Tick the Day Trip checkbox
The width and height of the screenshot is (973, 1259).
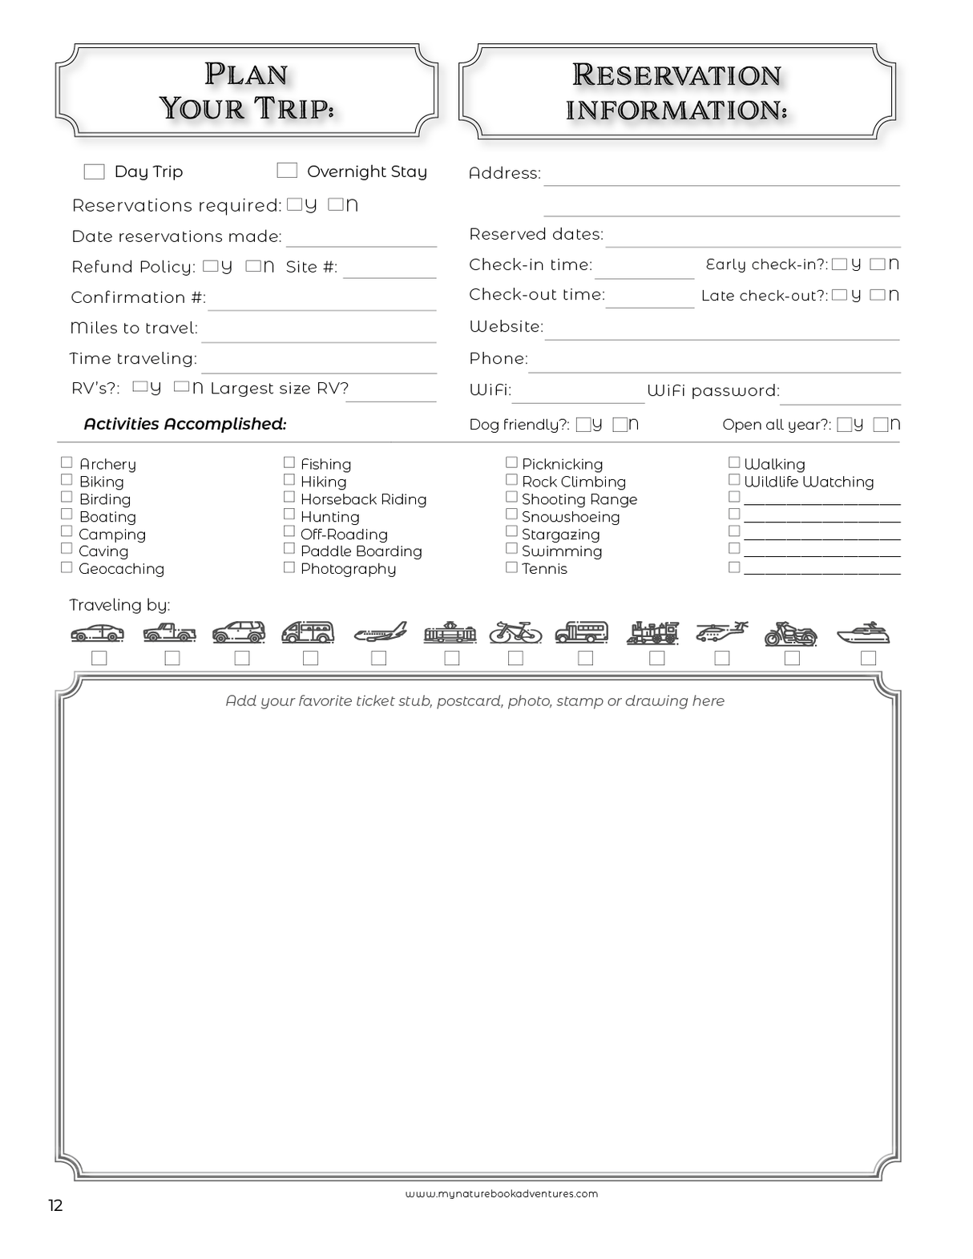tap(94, 171)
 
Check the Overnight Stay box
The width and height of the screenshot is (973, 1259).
tap(287, 170)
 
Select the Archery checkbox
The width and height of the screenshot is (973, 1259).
tap(67, 462)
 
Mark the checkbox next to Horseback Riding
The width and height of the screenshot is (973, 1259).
tap(289, 497)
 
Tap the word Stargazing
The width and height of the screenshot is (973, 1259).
tap(560, 535)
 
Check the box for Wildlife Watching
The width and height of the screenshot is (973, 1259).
tap(733, 479)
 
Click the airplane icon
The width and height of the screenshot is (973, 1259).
tap(380, 633)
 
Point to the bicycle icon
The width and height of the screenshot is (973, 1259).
tap(515, 632)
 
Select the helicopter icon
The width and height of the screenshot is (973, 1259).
tap(721, 632)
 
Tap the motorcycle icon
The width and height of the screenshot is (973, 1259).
tap(790, 634)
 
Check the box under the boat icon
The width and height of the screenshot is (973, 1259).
tap(867, 658)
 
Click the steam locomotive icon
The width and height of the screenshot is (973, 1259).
tap(652, 633)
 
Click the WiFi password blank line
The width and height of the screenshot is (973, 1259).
tap(840, 398)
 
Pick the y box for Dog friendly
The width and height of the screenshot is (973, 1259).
tap(583, 425)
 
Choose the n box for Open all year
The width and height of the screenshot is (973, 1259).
tap(880, 425)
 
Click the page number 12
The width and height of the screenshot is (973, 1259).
tap(55, 1206)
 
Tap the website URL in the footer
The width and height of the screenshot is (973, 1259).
tap(501, 1193)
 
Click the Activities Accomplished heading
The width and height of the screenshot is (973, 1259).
tap(185, 424)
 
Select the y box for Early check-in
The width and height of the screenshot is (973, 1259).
tap(839, 264)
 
